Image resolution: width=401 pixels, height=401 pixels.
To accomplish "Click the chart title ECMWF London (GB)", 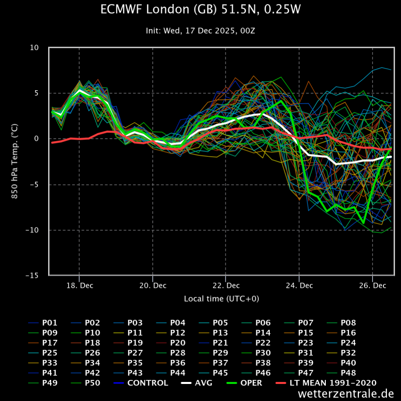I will [x=200, y=10].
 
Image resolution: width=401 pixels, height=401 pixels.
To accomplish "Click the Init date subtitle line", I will [x=200, y=31].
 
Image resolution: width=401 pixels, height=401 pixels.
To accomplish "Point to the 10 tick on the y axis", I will [x=34, y=48].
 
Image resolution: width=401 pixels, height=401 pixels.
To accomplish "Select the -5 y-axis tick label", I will [x=34, y=184].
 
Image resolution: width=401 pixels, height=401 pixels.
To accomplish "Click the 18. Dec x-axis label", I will [x=79, y=286].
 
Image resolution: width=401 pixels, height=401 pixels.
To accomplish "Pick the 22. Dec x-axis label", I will [x=226, y=286].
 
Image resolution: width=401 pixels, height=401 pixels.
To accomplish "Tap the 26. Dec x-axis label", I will [x=372, y=286].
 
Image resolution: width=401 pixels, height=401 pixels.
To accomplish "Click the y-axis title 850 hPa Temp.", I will [x=15, y=161].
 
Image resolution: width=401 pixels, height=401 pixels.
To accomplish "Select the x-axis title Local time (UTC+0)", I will [x=222, y=299].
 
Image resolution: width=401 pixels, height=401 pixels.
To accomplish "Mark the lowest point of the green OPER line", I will [x=363, y=223].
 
